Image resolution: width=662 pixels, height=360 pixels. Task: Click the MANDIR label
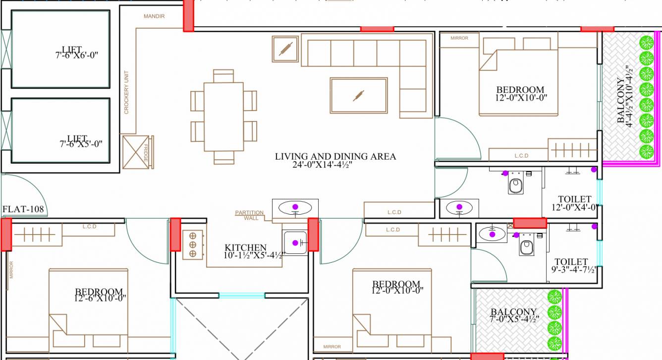click(154, 16)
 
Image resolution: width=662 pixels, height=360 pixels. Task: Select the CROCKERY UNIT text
click(126, 92)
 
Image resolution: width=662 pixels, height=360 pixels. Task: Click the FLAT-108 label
click(23, 209)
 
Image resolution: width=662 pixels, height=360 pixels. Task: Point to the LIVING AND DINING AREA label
click(335, 157)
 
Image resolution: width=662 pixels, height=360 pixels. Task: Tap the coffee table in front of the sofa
click(359, 95)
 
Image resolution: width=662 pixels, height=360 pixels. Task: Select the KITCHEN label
click(246, 247)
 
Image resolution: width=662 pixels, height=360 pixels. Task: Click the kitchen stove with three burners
click(192, 244)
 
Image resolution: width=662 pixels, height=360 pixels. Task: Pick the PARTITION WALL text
click(249, 215)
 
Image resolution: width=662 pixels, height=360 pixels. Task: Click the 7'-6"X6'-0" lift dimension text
click(77, 56)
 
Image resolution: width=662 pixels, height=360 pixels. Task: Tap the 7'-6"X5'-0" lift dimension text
click(81, 144)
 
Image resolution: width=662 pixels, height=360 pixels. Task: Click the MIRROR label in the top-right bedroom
click(459, 38)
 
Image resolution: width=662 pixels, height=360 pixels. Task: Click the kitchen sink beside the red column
click(295, 242)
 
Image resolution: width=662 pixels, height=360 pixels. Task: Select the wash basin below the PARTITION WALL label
click(295, 207)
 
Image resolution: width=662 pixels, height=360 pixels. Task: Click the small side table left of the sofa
click(285, 49)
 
